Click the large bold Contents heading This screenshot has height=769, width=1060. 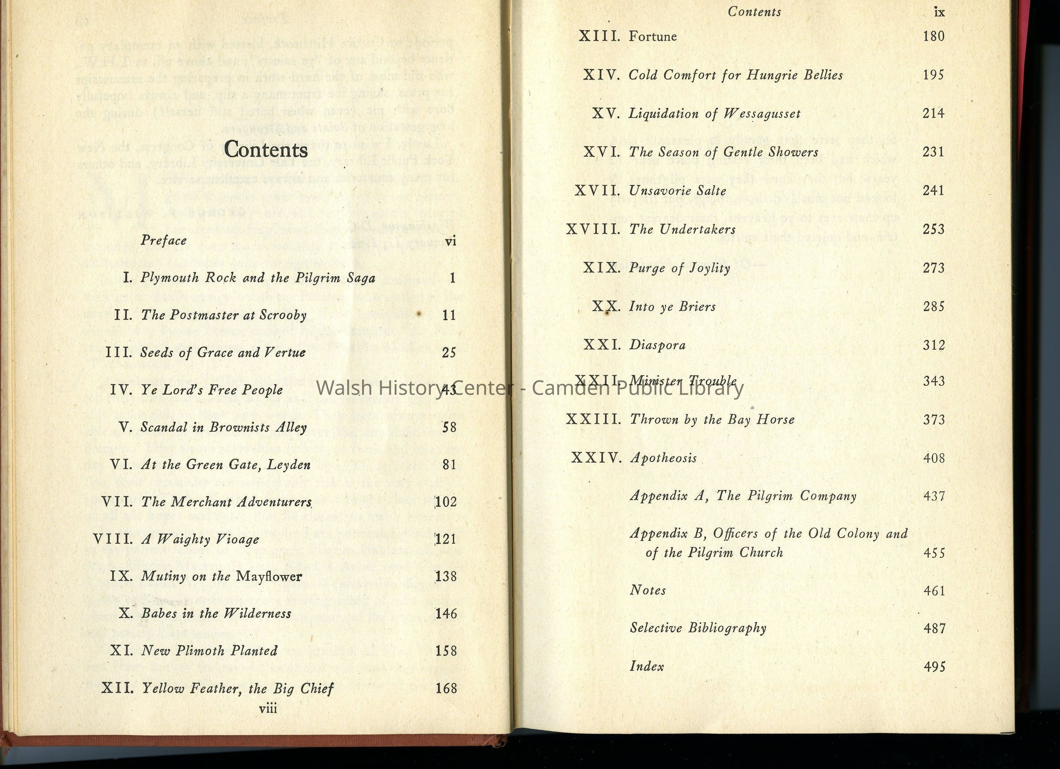pyautogui.click(x=265, y=150)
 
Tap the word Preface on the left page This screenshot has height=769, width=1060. pyautogui.click(x=163, y=240)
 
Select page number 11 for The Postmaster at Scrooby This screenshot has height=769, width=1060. pyautogui.click(x=449, y=315)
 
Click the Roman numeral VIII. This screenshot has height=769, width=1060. pyautogui.click(x=113, y=539)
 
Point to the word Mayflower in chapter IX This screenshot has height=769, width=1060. pyautogui.click(x=269, y=576)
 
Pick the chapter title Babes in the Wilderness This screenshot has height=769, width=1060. pyautogui.click(x=216, y=614)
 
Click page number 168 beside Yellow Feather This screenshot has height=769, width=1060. pyautogui.click(x=446, y=689)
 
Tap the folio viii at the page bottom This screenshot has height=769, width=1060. pyautogui.click(x=268, y=708)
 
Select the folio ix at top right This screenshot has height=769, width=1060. pyautogui.click(x=939, y=13)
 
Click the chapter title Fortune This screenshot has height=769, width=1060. pyautogui.click(x=652, y=37)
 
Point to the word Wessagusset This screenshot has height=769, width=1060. pyautogui.click(x=762, y=114)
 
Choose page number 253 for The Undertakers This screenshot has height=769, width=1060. pyautogui.click(x=933, y=229)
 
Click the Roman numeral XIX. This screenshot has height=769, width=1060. pyautogui.click(x=602, y=268)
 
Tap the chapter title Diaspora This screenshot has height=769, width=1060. pyautogui.click(x=657, y=345)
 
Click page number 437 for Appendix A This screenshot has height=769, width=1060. pyautogui.click(x=934, y=496)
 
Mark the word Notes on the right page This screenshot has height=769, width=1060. pyautogui.click(x=648, y=590)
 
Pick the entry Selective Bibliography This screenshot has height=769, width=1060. pyautogui.click(x=698, y=628)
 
